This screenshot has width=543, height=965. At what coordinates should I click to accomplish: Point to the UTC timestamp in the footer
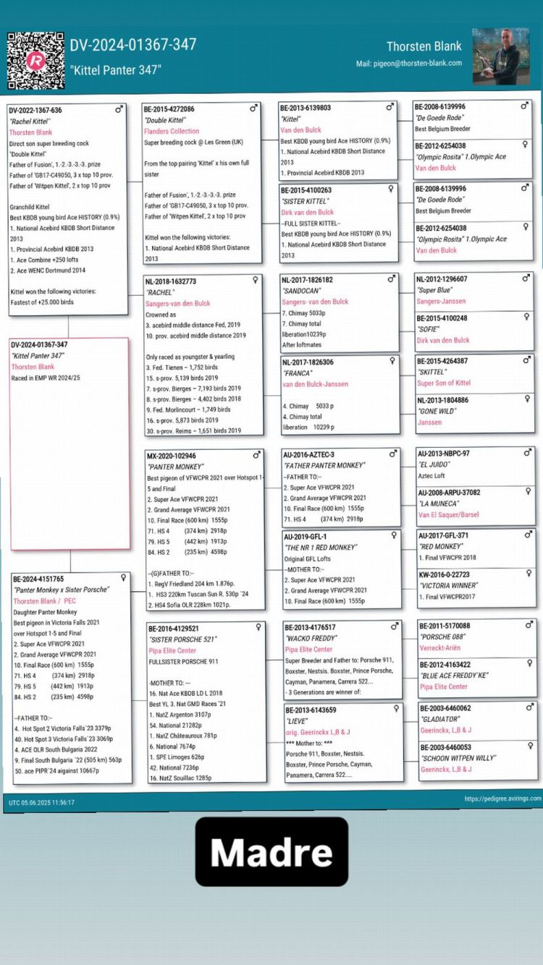coord(41,802)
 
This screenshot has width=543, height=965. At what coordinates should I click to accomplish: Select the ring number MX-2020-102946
coord(172,456)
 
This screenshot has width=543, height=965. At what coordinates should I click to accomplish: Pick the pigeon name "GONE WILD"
coord(437,411)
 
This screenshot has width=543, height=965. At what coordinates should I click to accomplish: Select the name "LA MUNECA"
coord(438,504)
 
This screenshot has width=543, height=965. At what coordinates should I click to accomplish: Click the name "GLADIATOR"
coord(439,720)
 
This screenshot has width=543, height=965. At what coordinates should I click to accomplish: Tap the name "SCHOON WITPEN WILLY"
coord(458,758)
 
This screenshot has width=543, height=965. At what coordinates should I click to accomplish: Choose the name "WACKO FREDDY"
coord(309,639)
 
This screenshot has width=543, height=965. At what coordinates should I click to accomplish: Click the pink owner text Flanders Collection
coord(172,132)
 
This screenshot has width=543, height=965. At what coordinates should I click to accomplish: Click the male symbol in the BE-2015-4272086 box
coord(253,108)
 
